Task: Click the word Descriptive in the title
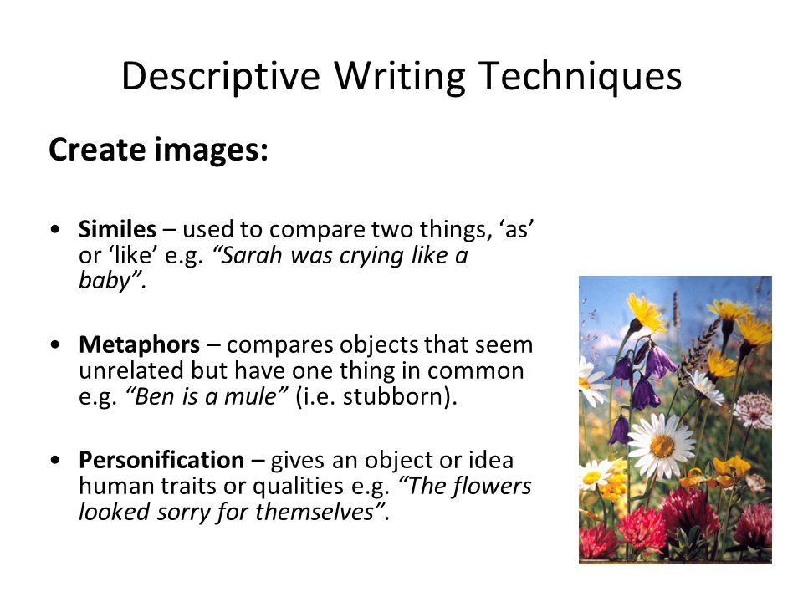click(221, 77)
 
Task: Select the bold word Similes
click(117, 229)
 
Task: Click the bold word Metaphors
click(140, 344)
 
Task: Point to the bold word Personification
click(161, 460)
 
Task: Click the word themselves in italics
click(315, 512)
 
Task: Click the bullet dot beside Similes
click(55, 229)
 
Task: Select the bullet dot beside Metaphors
click(55, 344)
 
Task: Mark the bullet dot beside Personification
click(55, 460)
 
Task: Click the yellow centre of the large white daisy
click(662, 446)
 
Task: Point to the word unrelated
click(131, 370)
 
